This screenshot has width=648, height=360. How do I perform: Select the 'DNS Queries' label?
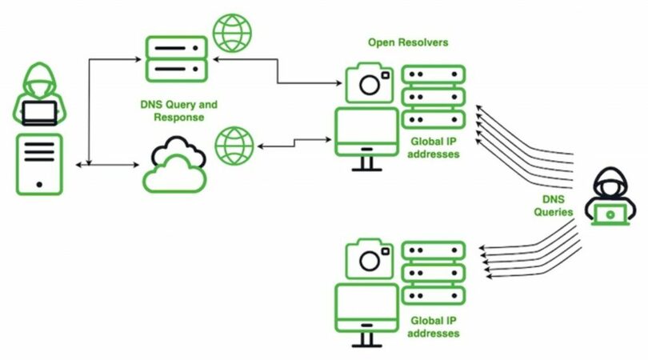(554, 206)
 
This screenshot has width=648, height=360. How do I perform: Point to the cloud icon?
(174, 164)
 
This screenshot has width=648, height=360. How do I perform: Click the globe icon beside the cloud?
(234, 146)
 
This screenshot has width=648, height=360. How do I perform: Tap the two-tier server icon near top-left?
(176, 57)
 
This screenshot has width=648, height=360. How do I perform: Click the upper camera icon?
(370, 83)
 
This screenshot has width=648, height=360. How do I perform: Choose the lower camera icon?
(370, 258)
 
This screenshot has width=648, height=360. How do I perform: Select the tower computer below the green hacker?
(38, 164)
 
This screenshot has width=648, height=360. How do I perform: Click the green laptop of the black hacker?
(613, 214)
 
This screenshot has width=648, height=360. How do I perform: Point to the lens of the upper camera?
(370, 86)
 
